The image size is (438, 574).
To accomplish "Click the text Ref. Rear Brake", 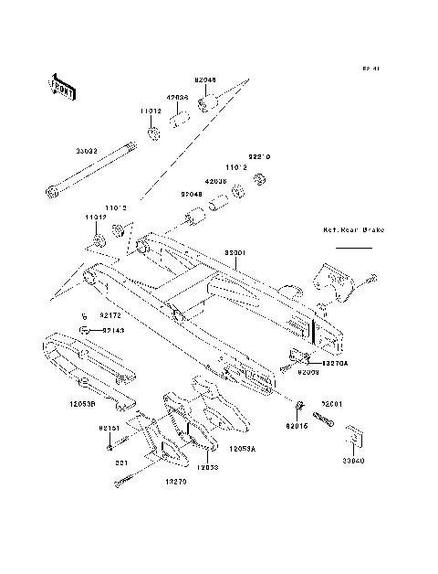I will pos(354,231).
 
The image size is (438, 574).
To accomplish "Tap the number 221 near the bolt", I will pos(120,463).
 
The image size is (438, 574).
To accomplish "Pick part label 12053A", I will pos(242,449).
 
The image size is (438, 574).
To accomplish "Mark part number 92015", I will pos(298,425).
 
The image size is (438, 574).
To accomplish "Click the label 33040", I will pos(352,462).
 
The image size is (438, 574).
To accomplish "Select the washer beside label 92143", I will pos(83,330).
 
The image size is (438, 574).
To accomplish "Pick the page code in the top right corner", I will pos(370,69).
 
